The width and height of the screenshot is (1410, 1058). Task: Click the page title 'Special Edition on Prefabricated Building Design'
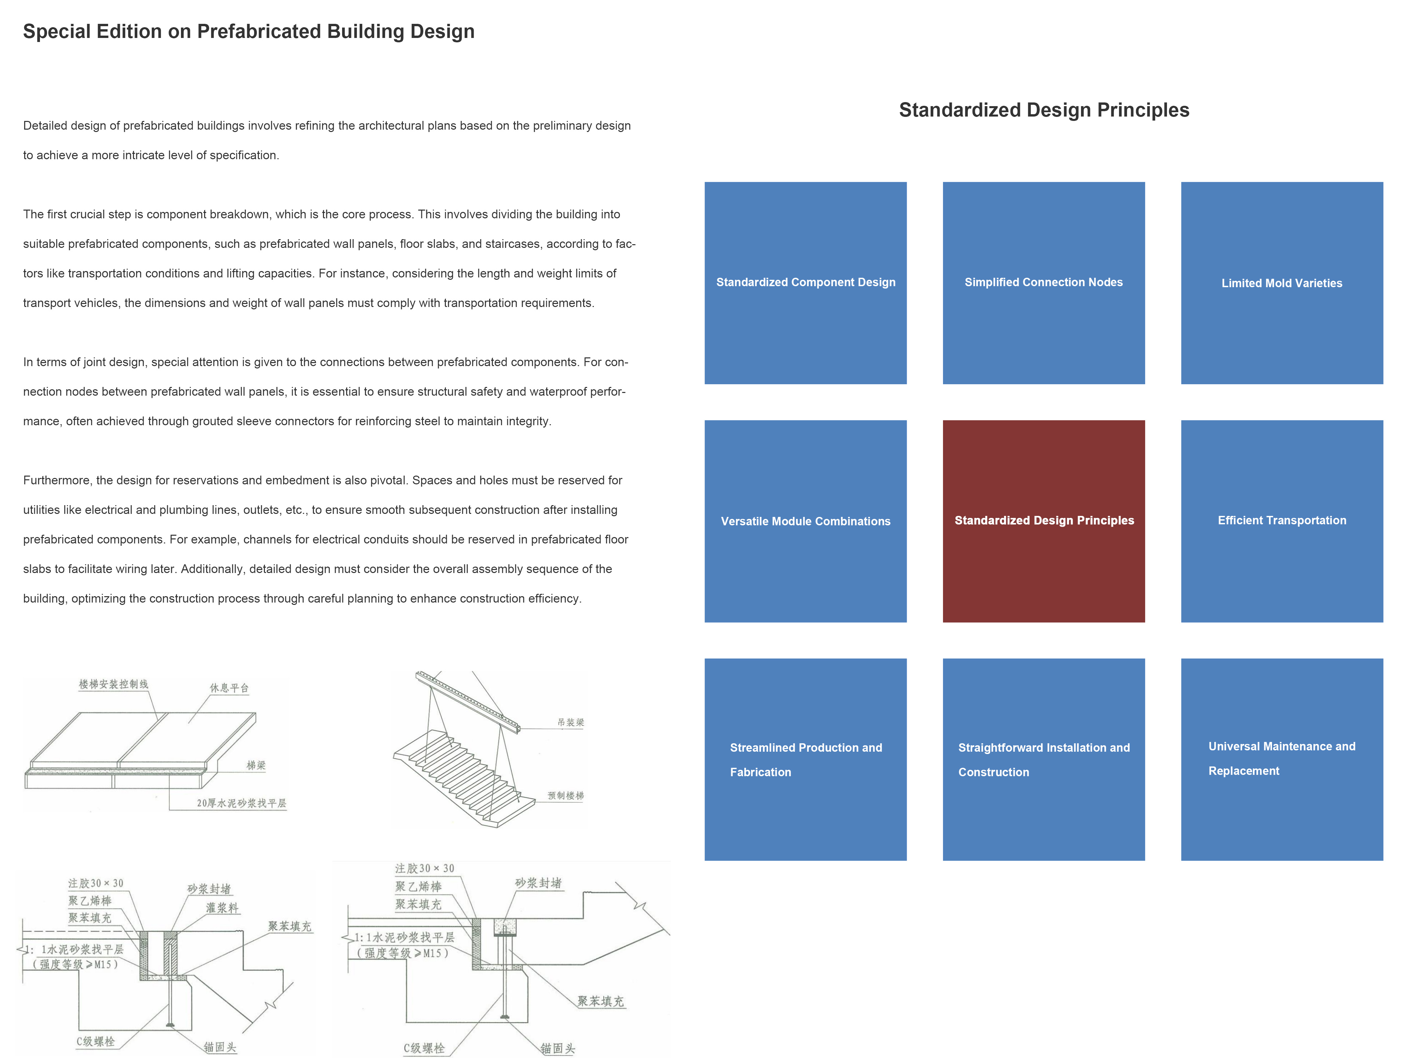point(249,31)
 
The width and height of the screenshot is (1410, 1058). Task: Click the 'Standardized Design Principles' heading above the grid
point(1043,110)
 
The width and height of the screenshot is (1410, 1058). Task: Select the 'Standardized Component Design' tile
point(805,282)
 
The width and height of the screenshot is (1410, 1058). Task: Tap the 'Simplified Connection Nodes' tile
point(1043,282)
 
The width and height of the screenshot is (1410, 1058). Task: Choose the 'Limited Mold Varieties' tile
point(1281,282)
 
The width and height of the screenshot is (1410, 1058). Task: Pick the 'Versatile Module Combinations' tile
point(805,521)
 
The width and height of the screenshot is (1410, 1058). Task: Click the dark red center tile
point(1043,521)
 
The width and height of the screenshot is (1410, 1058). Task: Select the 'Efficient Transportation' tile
point(1281,521)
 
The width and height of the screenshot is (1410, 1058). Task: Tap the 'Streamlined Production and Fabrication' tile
point(805,759)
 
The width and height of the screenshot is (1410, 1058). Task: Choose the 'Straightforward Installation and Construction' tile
point(1043,759)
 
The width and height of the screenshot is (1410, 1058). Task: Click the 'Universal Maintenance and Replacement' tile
point(1281,759)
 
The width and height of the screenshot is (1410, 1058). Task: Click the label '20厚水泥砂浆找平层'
point(242,803)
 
